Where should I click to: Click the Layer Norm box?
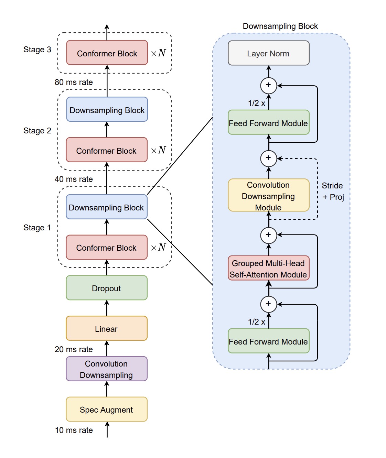tap(268, 53)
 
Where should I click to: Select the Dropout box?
tap(106, 288)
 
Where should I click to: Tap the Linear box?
tap(106, 329)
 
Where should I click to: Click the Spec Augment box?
tap(106, 410)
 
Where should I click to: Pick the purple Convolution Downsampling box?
tap(106, 369)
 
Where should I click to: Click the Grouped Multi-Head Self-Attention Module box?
tap(268, 269)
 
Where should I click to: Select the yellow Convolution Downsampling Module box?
tap(268, 195)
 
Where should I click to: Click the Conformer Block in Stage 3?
tap(107, 53)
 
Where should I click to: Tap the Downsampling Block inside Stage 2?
tap(107, 110)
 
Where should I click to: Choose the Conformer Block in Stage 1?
tap(106, 248)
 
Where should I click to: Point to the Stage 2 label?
tap(37, 131)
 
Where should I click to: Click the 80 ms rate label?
tap(74, 82)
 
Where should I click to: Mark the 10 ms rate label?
tap(74, 430)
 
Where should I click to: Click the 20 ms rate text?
tap(74, 349)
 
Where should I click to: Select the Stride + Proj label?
tap(333, 191)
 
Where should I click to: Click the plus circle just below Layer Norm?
tap(269, 85)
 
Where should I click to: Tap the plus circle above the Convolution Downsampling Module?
tap(269, 158)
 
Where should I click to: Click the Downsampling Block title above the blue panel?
tap(280, 26)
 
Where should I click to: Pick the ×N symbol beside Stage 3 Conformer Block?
tap(159, 53)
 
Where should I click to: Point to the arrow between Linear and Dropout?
tap(107, 308)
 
